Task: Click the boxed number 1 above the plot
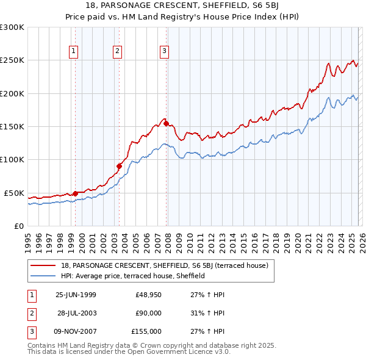click(x=73, y=52)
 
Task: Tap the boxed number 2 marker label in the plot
click(x=117, y=52)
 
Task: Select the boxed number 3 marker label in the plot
click(x=165, y=52)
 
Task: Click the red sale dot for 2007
click(x=166, y=124)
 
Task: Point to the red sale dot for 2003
click(x=120, y=166)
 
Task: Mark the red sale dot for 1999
click(x=75, y=193)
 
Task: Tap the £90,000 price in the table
click(x=148, y=313)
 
